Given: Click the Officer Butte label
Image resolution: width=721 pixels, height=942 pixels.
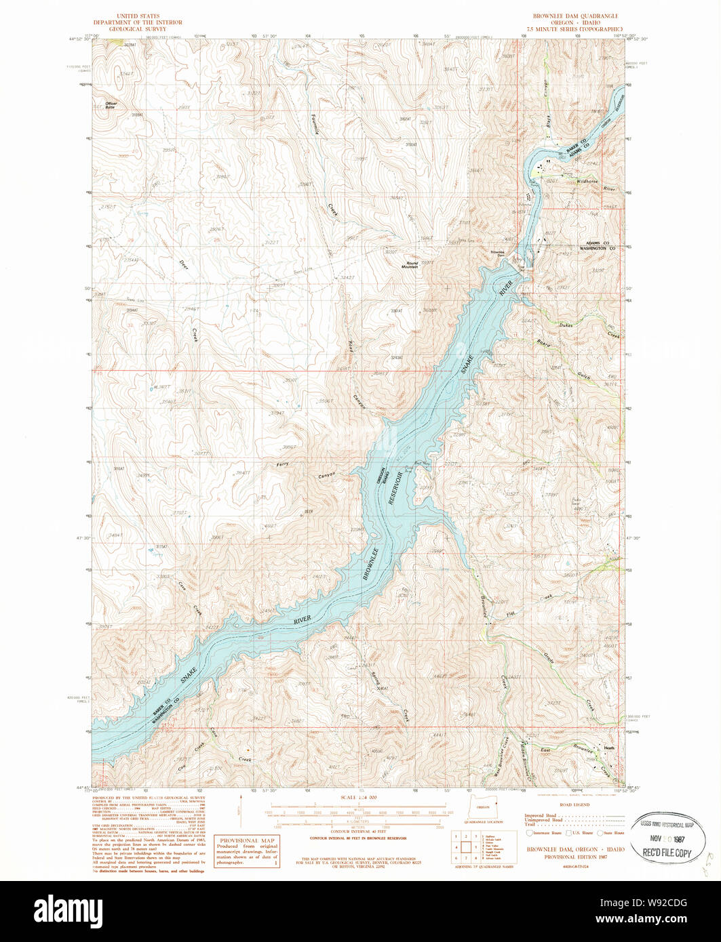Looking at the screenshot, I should (x=111, y=105).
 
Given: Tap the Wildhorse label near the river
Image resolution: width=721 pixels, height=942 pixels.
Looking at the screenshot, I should (x=588, y=182).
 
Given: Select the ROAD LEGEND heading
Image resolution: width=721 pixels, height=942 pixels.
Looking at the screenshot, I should (x=573, y=804).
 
